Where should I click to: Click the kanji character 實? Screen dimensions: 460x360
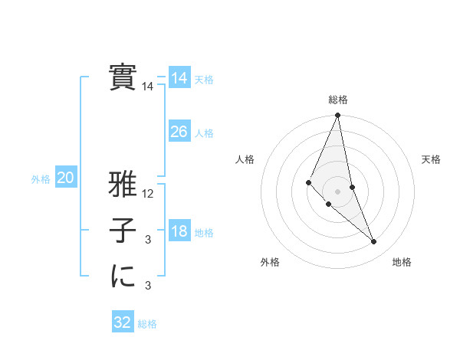click(122, 77)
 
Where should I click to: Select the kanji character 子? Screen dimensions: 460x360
click(122, 232)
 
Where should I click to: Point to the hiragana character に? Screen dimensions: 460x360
click(122, 277)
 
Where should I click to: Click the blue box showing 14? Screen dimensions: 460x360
click(179, 78)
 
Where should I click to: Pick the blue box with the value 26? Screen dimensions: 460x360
click(179, 132)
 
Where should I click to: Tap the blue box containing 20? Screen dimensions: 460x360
click(65, 178)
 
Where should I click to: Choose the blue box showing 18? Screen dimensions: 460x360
click(179, 232)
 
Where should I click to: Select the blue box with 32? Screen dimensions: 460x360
click(122, 322)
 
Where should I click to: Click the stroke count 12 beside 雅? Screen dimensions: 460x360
click(148, 195)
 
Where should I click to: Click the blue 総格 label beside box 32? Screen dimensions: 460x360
click(147, 324)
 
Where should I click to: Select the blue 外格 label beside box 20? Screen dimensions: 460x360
click(41, 179)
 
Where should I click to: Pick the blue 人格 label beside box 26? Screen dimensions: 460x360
click(204, 133)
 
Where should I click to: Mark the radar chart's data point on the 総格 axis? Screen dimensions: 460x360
click(337, 116)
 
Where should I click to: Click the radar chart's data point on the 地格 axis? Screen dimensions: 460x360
click(373, 241)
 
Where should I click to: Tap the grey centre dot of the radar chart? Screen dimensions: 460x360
click(337, 191)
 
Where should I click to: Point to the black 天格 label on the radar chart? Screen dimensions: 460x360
click(431, 159)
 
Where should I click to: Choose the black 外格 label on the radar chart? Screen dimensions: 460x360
click(270, 263)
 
